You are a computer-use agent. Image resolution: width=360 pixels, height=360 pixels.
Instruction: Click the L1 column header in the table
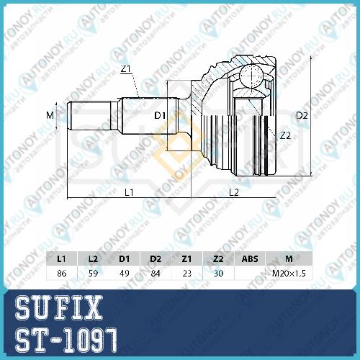pyautogui.click(x=61, y=258)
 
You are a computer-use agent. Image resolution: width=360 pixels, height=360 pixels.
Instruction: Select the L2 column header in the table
pyautogui.click(x=93, y=258)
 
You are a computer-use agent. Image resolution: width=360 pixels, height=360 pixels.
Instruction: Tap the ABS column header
pyautogui.click(x=250, y=258)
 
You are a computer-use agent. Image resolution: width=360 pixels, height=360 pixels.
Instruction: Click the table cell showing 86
pyautogui.click(x=62, y=273)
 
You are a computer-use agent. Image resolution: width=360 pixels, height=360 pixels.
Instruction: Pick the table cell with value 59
pyautogui.click(x=93, y=273)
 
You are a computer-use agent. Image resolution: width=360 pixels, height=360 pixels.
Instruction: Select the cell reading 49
pyautogui.click(x=125, y=273)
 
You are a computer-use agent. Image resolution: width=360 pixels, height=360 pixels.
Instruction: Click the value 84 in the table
pyautogui.click(x=156, y=273)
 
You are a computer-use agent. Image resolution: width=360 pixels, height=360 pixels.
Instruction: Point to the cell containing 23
pyautogui.click(x=187, y=273)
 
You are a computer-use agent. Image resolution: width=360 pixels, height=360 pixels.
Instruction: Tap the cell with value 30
pyautogui.click(x=218, y=273)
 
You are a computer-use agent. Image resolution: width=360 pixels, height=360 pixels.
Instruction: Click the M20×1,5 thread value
pyautogui.click(x=289, y=273)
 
